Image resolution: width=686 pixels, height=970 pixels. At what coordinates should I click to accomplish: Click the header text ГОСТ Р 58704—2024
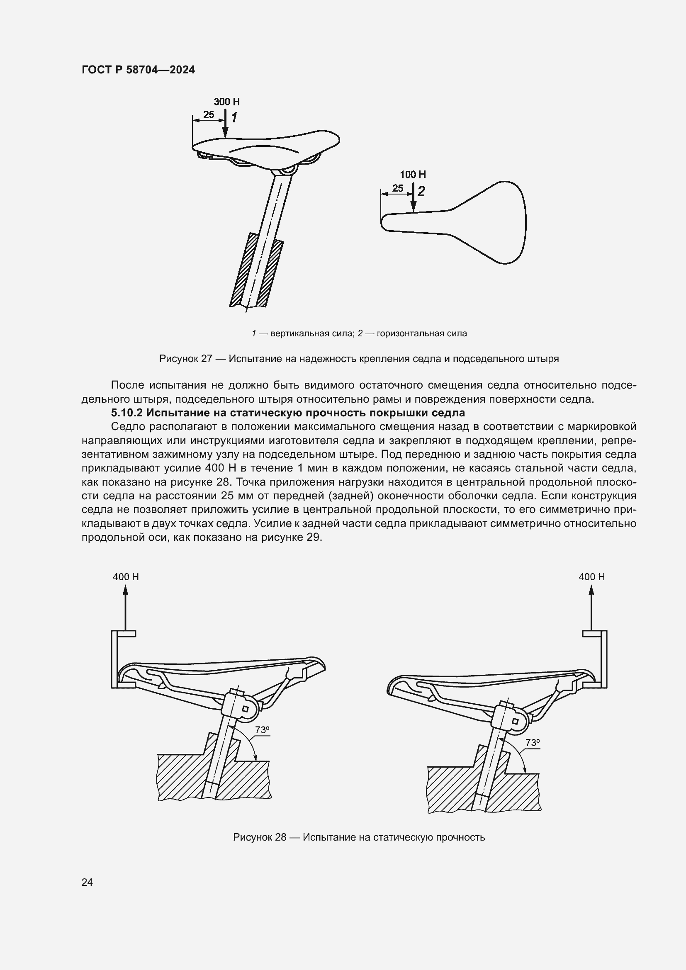click(138, 70)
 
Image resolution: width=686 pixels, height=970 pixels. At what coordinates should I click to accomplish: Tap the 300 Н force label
click(226, 102)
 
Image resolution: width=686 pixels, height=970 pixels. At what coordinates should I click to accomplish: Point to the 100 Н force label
click(413, 175)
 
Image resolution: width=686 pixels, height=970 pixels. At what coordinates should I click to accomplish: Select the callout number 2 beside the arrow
click(421, 191)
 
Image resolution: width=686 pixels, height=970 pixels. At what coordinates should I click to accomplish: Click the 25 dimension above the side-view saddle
click(209, 114)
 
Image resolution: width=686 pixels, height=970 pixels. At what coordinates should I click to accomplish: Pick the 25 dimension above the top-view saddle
click(397, 188)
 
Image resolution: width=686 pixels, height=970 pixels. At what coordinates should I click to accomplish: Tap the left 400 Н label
click(125, 577)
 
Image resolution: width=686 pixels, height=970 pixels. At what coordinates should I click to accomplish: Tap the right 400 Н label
click(591, 577)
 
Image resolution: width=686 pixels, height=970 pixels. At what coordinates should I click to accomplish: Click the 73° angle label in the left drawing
click(262, 729)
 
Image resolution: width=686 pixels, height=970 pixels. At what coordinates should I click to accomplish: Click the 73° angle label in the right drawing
click(532, 742)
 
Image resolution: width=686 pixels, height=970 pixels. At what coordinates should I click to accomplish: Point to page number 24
click(87, 882)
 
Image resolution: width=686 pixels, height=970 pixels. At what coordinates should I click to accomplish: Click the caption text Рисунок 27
click(185, 359)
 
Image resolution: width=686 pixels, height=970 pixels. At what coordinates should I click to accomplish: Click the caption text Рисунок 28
click(259, 837)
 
